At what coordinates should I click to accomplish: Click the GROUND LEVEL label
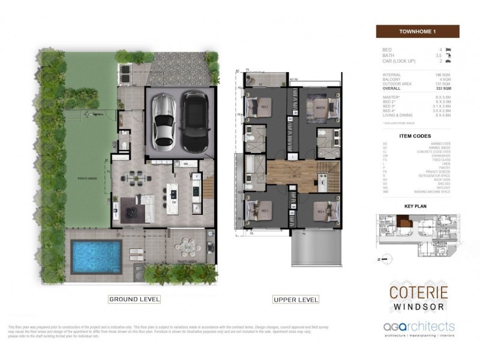tap(134, 298)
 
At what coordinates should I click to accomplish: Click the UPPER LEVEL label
tap(296, 299)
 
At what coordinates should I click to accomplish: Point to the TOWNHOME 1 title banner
tap(417, 32)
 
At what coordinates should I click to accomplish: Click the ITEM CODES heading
tap(418, 136)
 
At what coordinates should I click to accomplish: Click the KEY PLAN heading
tap(415, 205)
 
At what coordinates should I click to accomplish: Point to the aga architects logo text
tap(418, 327)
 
